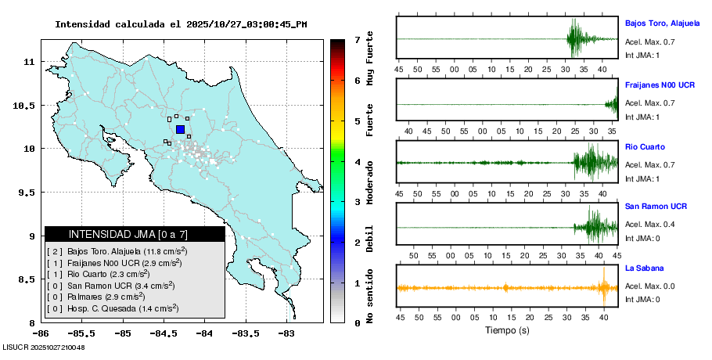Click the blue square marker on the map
pos(180,129)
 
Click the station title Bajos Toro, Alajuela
pos(662,23)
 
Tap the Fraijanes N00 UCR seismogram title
pos(660,85)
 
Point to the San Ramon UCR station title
pos(656,207)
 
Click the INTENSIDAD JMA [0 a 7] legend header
pos(135,234)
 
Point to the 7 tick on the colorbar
pos(357,39)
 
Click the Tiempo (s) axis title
pos(507,329)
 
